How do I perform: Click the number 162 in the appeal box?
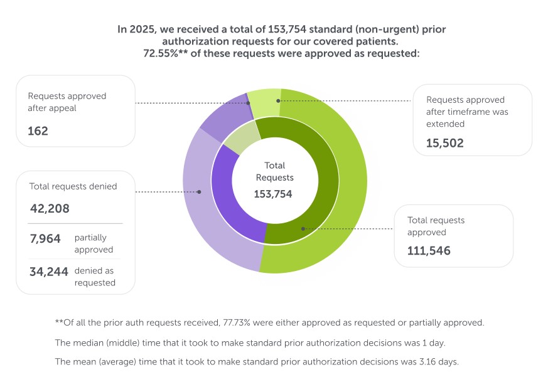(x=38, y=131)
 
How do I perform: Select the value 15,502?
(x=444, y=143)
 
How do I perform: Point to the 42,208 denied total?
(x=49, y=208)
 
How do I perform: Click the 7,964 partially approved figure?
(x=45, y=238)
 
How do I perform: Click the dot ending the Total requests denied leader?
(x=200, y=192)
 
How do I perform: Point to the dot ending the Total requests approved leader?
(x=303, y=229)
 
